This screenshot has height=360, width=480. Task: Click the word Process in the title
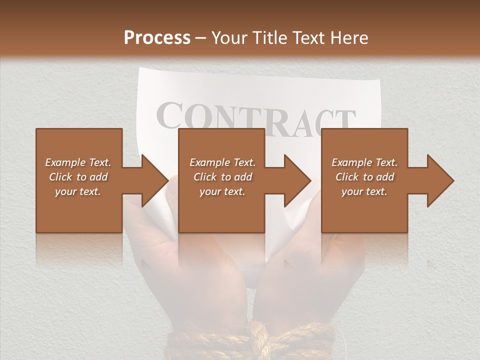pos(157,37)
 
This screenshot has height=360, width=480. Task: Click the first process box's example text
pos(78,177)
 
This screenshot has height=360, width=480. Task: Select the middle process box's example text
pos(222,177)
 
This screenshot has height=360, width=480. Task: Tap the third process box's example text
pos(364,177)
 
